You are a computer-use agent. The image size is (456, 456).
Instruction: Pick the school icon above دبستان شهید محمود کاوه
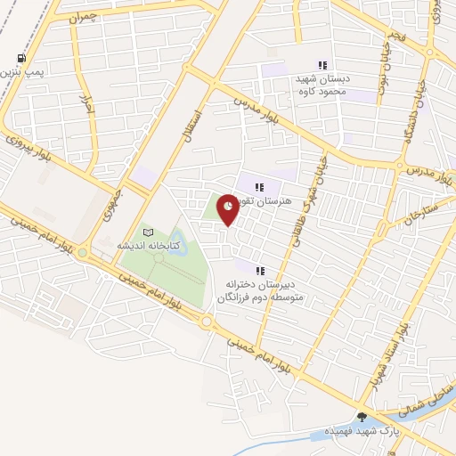[x=322, y=65]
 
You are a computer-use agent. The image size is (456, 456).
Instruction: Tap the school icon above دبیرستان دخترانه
[x=260, y=270]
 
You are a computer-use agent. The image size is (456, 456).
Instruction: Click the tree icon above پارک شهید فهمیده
[x=361, y=416]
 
